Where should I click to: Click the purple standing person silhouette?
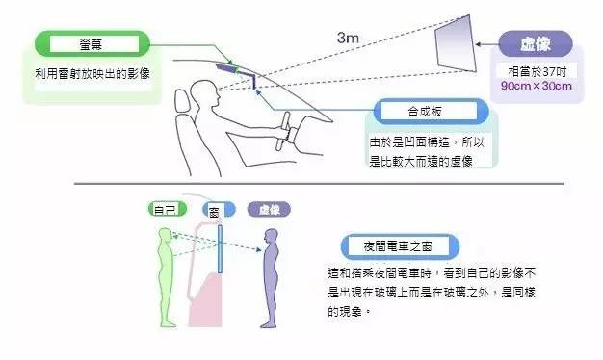268,279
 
